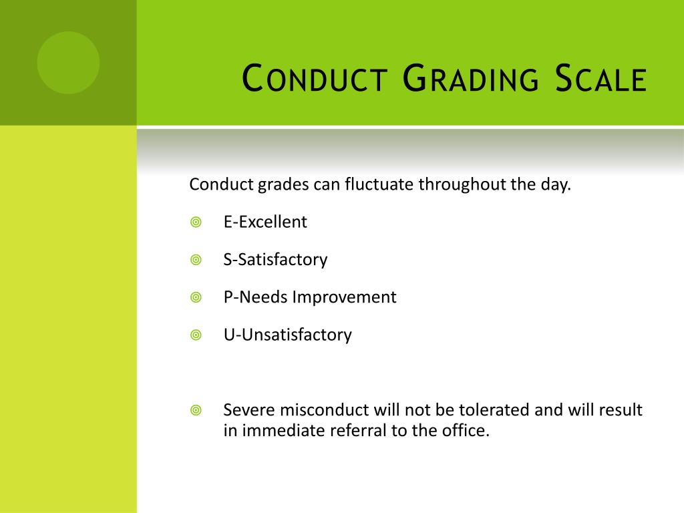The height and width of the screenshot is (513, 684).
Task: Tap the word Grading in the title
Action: pyautogui.click(x=472, y=79)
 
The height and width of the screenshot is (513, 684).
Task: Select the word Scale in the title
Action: pyautogui.click(x=602, y=79)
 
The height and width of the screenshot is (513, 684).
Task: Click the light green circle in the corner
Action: pyautogui.click(x=68, y=63)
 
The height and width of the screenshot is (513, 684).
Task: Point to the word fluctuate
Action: pyautogui.click(x=379, y=184)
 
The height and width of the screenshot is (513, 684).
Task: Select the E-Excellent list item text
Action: pyautogui.click(x=265, y=222)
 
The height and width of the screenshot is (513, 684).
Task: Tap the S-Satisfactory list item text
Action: pyautogui.click(x=275, y=259)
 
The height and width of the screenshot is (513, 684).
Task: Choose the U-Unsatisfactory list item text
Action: pyautogui.click(x=287, y=334)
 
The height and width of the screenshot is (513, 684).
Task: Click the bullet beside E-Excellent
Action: pyautogui.click(x=196, y=222)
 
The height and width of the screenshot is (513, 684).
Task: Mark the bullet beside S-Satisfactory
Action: pyautogui.click(x=196, y=260)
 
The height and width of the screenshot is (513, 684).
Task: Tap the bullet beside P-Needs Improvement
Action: pyautogui.click(x=196, y=297)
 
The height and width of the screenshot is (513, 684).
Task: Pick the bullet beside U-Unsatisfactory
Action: pyautogui.click(x=196, y=335)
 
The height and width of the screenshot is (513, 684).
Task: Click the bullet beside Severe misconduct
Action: pyautogui.click(x=196, y=410)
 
